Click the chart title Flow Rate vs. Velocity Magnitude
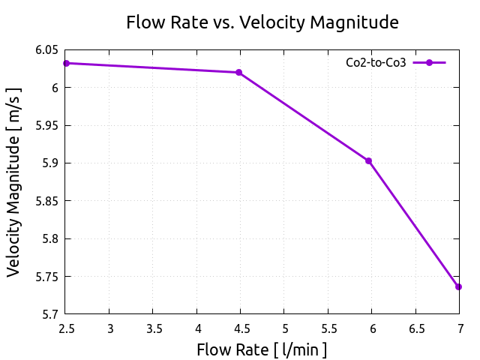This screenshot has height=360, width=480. click(262, 22)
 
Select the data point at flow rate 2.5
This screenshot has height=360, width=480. click(66, 63)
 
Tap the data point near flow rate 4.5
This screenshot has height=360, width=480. click(238, 72)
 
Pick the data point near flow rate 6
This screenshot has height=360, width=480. click(368, 160)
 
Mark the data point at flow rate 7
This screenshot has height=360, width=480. click(458, 286)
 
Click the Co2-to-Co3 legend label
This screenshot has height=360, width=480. click(376, 63)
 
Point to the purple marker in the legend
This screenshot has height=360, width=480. click(429, 63)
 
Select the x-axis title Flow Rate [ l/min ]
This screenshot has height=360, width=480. click(262, 349)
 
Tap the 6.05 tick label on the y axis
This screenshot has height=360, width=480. click(46, 50)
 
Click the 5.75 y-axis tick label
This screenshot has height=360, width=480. click(46, 277)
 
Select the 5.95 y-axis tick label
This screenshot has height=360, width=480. click(46, 126)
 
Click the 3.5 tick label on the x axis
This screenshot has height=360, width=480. click(153, 328)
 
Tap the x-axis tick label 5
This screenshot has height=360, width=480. click(284, 328)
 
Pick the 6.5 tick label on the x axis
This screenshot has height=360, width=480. click(415, 328)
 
